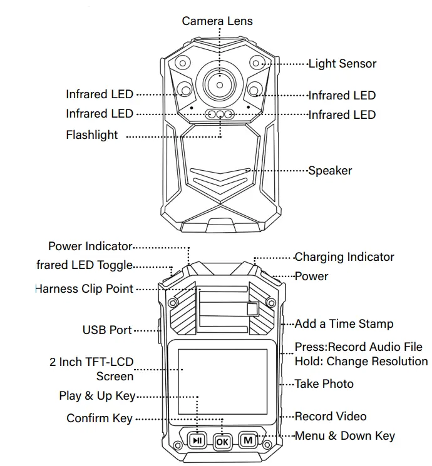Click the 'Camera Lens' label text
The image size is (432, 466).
click(x=217, y=21)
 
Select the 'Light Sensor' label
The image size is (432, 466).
click(x=342, y=64)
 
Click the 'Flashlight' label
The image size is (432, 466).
click(x=91, y=135)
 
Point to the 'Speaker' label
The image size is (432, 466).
click(x=329, y=171)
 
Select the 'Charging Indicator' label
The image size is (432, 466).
click(x=344, y=257)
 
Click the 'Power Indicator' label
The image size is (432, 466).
click(x=90, y=246)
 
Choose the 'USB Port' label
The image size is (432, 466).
click(x=107, y=330)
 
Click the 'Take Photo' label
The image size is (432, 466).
click(x=324, y=384)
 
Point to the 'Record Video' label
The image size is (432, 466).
click(x=330, y=417)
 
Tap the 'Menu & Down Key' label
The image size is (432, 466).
click(x=344, y=436)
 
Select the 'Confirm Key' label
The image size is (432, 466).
click(x=99, y=418)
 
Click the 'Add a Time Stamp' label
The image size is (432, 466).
click(x=344, y=324)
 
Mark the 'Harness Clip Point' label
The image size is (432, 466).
click(x=84, y=289)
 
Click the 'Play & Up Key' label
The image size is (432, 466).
click(x=96, y=396)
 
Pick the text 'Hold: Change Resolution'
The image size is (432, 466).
click(x=361, y=362)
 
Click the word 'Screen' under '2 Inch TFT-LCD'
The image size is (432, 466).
click(x=115, y=377)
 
